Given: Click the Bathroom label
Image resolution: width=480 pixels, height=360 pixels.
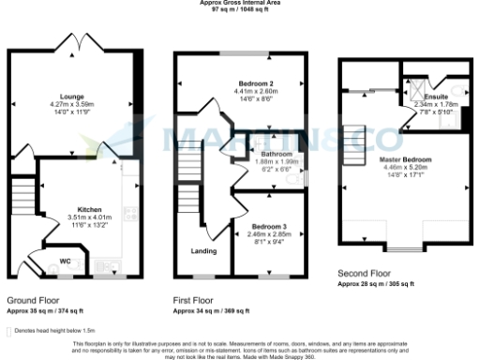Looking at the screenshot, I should (277, 153).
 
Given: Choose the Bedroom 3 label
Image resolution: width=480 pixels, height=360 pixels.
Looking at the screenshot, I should (271, 226).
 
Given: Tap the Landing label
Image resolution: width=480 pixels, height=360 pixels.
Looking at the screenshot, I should (202, 251).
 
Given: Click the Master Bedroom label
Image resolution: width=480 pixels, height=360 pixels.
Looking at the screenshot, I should (405, 159).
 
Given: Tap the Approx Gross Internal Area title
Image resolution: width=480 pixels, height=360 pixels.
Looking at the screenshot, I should (239, 3).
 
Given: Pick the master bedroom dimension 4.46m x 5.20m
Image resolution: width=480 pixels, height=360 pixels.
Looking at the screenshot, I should (405, 167).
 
